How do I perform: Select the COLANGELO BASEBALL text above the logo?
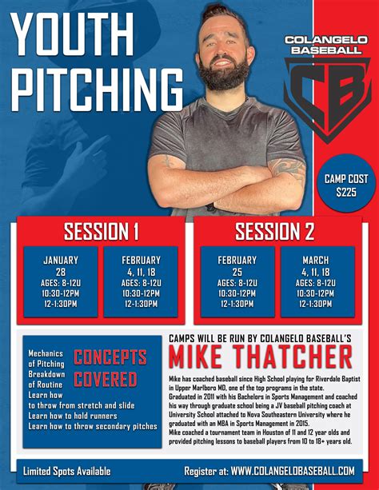[x=325, y=44]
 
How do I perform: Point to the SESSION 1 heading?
[x=102, y=232]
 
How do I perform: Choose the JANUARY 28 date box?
[x=61, y=281]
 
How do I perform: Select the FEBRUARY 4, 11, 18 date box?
[x=141, y=281]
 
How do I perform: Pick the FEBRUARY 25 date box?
[x=237, y=281]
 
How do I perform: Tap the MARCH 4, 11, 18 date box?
[x=317, y=281]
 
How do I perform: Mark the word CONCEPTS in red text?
[x=110, y=357]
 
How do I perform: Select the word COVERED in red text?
[x=106, y=379]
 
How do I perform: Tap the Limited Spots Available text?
[x=66, y=471]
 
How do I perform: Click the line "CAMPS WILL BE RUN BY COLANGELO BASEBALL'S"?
[x=260, y=338]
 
